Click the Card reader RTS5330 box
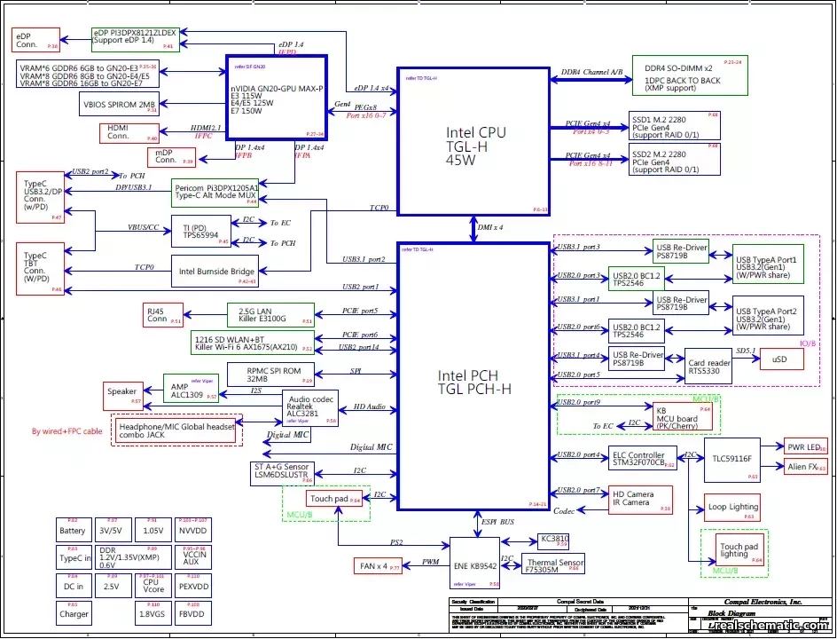[x=709, y=365]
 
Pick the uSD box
[x=780, y=359]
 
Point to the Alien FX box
[x=803, y=467]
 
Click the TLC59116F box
[x=732, y=460]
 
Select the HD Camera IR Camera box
[x=640, y=499]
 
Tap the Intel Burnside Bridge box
[x=217, y=272]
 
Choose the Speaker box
[x=122, y=392]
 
